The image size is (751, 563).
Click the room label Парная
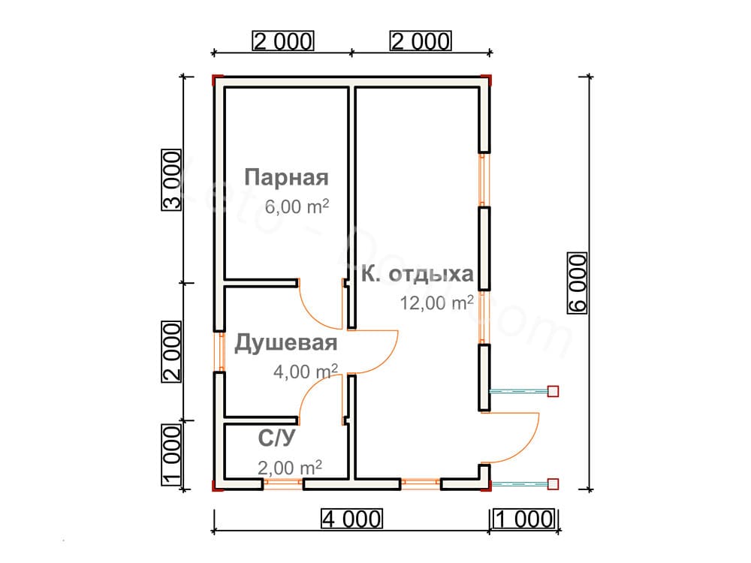287,178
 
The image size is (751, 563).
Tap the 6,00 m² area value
297,206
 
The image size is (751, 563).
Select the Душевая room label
285,344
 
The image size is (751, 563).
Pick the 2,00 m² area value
289,468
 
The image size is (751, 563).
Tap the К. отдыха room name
417,274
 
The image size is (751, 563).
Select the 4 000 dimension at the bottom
351,519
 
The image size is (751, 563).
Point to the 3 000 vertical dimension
172,180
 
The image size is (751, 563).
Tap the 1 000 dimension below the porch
524,519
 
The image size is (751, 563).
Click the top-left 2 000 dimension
282,41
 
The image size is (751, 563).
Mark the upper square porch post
553,391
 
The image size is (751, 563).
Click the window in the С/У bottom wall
282,484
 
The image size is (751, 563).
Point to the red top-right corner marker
487,78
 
